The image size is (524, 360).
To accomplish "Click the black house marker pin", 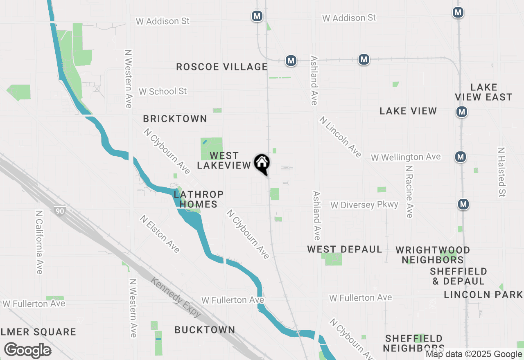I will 262,164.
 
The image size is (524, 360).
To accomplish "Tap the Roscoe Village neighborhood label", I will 221,67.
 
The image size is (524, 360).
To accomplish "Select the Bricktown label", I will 175,119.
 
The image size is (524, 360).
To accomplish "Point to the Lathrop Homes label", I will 199,199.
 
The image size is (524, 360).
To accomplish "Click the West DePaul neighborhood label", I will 345,249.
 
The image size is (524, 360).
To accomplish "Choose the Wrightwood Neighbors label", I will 433,254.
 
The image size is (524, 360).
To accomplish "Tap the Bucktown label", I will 205,330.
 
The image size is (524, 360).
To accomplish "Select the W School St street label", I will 163,91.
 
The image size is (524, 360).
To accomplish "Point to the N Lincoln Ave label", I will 341,137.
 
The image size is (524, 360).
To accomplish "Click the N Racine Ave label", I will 409,191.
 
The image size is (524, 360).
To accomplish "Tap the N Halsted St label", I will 501,172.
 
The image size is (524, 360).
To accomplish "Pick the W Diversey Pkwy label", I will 364,205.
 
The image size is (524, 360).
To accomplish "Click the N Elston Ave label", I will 160,234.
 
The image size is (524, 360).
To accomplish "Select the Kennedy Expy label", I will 176,297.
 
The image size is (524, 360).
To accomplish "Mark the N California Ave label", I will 39,242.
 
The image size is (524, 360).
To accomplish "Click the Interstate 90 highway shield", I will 59,211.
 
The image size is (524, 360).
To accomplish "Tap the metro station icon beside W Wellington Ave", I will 461,156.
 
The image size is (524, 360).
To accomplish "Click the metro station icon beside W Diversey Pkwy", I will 463,204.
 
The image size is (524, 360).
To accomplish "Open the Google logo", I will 27,351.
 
